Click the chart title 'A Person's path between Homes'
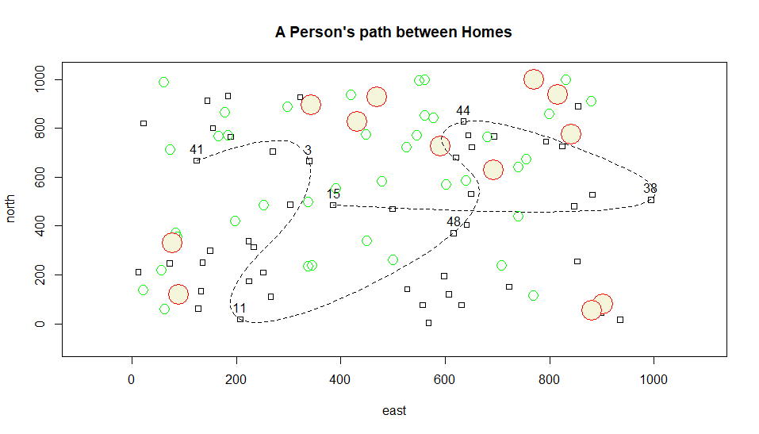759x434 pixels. coord(393,33)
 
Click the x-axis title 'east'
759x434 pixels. coord(393,410)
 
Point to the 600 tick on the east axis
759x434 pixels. coord(445,357)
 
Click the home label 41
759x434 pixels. coord(197,150)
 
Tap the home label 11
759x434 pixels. coord(239,309)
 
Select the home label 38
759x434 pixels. coord(650,189)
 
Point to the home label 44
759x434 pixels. coord(463,111)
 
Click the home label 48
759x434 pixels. coord(454,222)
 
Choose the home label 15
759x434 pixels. coord(333,194)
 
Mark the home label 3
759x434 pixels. coord(308,151)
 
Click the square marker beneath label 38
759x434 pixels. coord(651,200)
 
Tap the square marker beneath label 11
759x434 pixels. coord(240,319)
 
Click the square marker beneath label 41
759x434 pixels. coord(197,161)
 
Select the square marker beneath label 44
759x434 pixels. coord(464,121)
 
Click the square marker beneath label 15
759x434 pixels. coord(333,205)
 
